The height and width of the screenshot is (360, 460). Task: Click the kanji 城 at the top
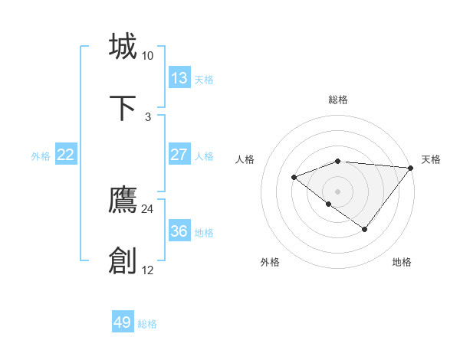pyautogui.click(x=123, y=47)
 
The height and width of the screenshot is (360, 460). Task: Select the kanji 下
pyautogui.click(x=123, y=108)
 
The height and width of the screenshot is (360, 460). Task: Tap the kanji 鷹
pyautogui.click(x=123, y=201)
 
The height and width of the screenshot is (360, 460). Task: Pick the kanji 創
pyautogui.click(x=123, y=261)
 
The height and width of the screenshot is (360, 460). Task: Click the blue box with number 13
pyautogui.click(x=179, y=78)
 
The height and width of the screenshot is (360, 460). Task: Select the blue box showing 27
pyautogui.click(x=179, y=155)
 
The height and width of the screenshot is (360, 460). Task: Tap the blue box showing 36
pyautogui.click(x=179, y=231)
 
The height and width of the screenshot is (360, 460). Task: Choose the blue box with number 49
pyautogui.click(x=123, y=322)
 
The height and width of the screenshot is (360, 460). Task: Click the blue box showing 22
pyautogui.click(x=66, y=155)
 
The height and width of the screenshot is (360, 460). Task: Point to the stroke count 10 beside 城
pyautogui.click(x=147, y=56)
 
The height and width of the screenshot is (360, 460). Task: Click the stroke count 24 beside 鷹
pyautogui.click(x=147, y=209)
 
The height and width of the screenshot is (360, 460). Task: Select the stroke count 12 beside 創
pyautogui.click(x=147, y=270)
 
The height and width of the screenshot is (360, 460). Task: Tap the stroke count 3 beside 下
pyautogui.click(x=148, y=116)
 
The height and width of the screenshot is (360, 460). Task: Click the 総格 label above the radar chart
pyautogui.click(x=338, y=100)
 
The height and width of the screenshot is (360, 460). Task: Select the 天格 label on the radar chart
pyautogui.click(x=431, y=159)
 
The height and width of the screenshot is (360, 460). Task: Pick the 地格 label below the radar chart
pyautogui.click(x=402, y=263)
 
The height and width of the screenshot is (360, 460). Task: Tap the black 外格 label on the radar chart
pyautogui.click(x=270, y=263)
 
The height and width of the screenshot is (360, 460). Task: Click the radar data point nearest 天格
pyautogui.click(x=411, y=168)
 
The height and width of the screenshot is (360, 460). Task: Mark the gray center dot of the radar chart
pyautogui.click(x=338, y=191)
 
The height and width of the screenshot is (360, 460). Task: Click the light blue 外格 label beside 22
pyautogui.click(x=41, y=156)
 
